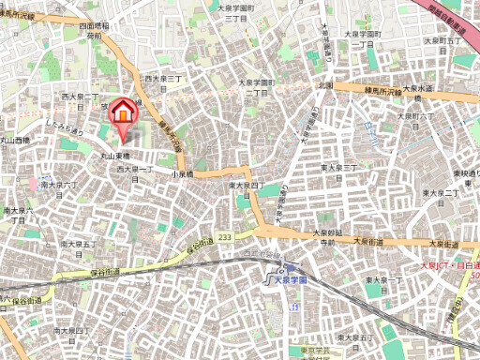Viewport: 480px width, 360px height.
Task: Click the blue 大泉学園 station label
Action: pyautogui.click(x=287, y=278)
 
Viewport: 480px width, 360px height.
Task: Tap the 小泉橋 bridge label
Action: pyautogui.click(x=182, y=174)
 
